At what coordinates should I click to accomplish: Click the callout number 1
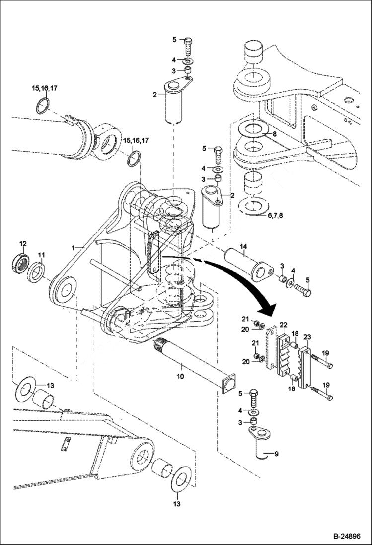pos(73,247)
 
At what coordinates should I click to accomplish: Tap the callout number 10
pos(180,377)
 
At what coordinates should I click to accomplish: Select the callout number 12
pos(22,243)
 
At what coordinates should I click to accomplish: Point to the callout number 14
pos(243,246)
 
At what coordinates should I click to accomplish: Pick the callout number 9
pos(277,453)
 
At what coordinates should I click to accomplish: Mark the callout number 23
pos(307,337)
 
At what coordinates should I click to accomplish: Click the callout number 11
pos(42,255)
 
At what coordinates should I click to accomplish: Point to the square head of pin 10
pos(228,386)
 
